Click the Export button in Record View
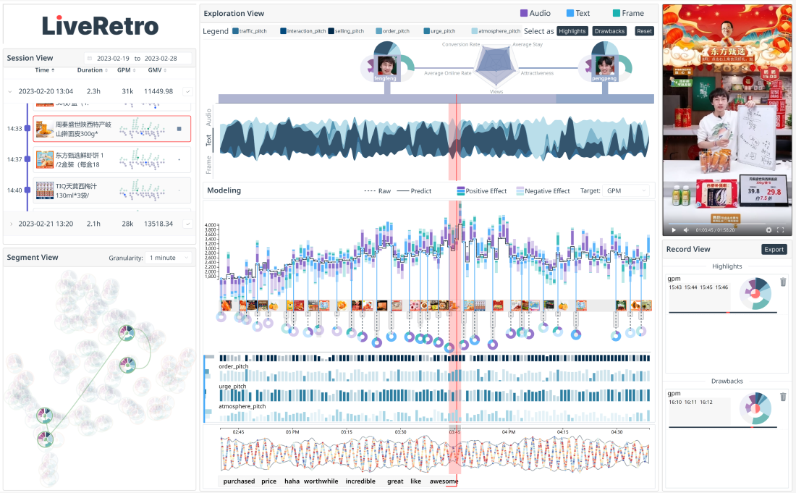click(774, 250)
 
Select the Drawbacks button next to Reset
click(609, 31)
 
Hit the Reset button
click(644, 31)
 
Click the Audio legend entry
click(535, 13)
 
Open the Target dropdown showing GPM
click(625, 191)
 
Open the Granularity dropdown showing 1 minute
click(169, 258)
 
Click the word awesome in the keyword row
click(444, 481)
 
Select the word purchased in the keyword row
click(239, 481)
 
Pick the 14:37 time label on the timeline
click(14, 159)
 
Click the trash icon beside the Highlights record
click(783, 282)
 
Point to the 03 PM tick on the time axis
click(292, 431)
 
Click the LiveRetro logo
click(100, 26)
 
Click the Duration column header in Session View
click(90, 70)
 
